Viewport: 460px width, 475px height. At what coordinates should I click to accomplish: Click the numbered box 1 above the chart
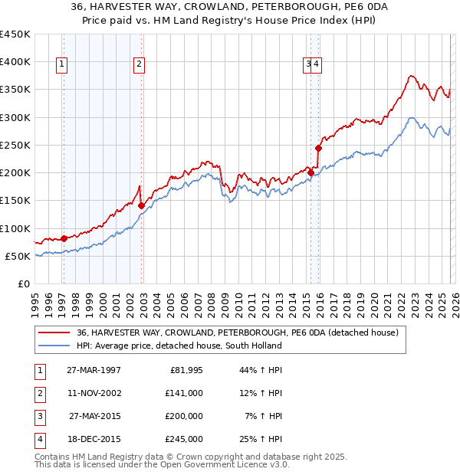(61, 65)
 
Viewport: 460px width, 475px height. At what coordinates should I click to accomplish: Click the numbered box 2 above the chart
(139, 65)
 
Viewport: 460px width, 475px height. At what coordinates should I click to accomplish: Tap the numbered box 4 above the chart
(316, 65)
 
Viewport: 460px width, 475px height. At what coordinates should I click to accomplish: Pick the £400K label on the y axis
(15, 62)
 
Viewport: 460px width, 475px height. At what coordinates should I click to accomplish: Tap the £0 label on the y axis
(23, 283)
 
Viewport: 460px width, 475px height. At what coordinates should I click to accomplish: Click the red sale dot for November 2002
(142, 205)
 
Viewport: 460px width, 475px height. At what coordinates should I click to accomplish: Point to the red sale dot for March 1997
(64, 238)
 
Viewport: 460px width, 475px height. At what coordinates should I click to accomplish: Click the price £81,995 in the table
(184, 370)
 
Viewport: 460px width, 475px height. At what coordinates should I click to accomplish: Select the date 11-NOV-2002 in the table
(94, 393)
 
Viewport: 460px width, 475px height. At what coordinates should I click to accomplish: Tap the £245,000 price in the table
(184, 439)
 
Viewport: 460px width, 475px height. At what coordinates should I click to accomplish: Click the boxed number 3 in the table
(38, 416)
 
